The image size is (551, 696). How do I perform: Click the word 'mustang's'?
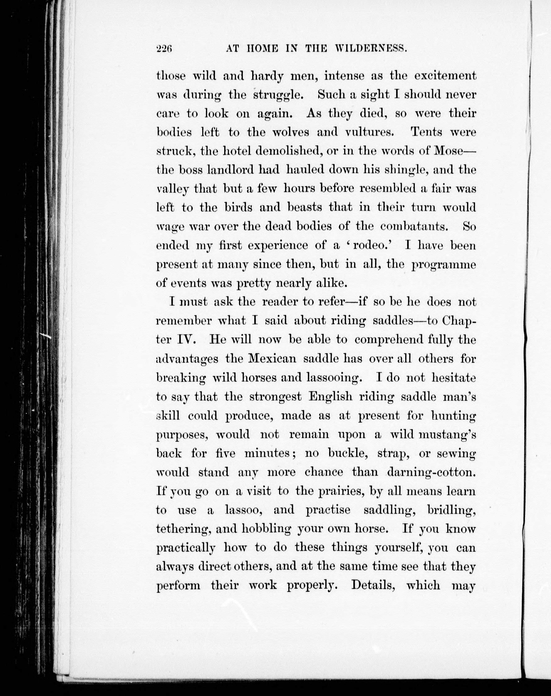[447, 435]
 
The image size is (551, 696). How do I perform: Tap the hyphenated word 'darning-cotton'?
[431, 473]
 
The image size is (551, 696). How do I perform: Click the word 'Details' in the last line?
[374, 585]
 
